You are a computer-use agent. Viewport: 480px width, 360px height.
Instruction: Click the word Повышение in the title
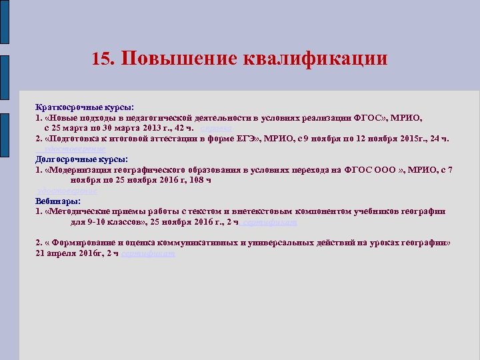coord(170,58)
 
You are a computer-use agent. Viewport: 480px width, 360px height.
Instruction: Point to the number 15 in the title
coord(102,59)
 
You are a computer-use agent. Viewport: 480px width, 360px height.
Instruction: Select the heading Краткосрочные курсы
coord(85,107)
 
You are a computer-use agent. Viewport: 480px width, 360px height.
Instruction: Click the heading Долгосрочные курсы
coord(82,159)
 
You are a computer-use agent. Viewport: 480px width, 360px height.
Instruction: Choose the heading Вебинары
coord(59,201)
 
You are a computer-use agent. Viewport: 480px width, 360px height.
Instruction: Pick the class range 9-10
coord(99,222)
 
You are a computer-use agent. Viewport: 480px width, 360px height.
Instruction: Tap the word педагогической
coord(157,117)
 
